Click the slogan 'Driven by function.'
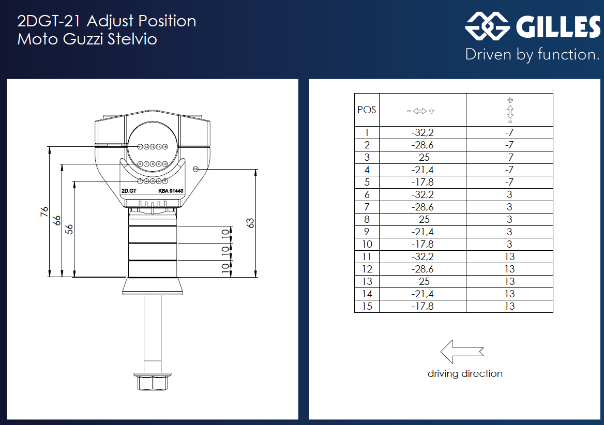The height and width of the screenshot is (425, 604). [532, 54]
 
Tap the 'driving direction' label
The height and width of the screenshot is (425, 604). [465, 373]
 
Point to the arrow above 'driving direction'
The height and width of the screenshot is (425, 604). [462, 352]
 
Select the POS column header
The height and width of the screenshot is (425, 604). [367, 110]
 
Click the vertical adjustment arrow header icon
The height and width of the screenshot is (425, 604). [510, 110]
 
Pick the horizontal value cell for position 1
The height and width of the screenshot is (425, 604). [422, 133]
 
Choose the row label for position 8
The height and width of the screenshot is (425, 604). [367, 219]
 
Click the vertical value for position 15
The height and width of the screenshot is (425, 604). [509, 306]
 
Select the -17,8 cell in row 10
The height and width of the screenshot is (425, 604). [422, 244]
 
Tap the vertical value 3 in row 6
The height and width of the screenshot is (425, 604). [509, 194]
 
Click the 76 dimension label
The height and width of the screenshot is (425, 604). [44, 212]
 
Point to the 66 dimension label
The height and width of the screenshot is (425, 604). [57, 221]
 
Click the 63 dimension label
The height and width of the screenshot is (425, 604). [251, 223]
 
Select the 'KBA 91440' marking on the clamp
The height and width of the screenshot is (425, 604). [171, 191]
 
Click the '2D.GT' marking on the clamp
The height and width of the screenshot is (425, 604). [128, 191]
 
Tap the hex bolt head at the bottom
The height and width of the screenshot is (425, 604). [150, 382]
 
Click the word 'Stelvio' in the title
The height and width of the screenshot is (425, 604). [132, 39]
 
